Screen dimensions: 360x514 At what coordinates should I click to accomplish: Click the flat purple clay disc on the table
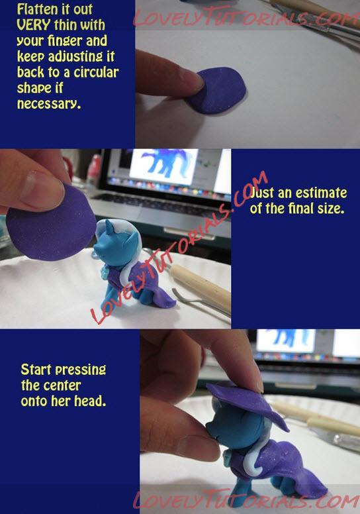tap(217, 91)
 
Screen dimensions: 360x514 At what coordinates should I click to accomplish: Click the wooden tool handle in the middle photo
tap(201, 286)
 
